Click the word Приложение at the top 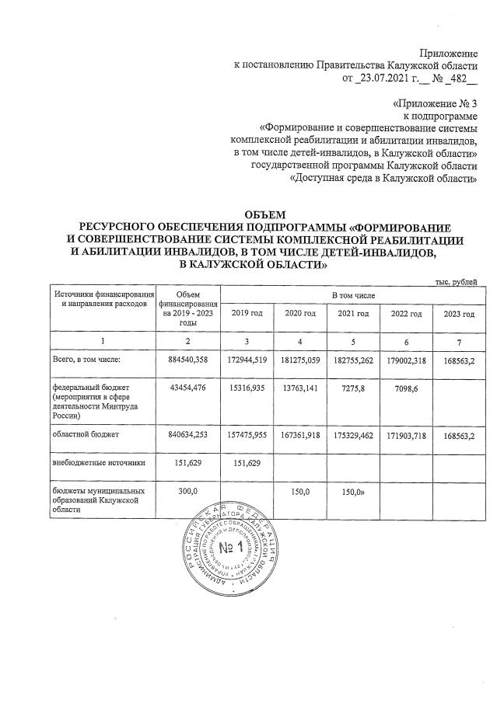pos(448,53)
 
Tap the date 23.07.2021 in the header pos(386,78)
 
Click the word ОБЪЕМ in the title pos(265,214)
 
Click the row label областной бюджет pos(87,436)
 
